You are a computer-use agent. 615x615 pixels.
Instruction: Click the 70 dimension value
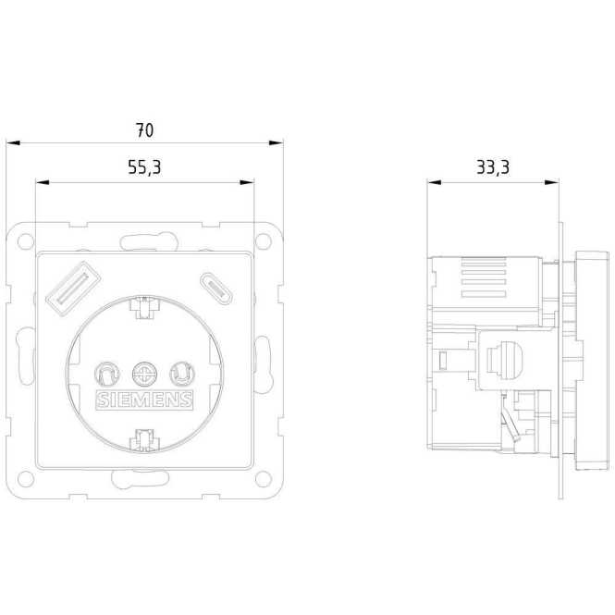click(x=144, y=130)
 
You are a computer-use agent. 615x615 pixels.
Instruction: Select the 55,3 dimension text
click(x=144, y=168)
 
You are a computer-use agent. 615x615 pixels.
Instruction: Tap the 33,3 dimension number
click(x=493, y=168)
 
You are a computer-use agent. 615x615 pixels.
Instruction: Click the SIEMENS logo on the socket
click(x=144, y=400)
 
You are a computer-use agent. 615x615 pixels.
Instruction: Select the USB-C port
click(x=215, y=286)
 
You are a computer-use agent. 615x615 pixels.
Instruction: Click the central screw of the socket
click(x=144, y=374)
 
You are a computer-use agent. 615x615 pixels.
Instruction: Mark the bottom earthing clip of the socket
click(x=144, y=439)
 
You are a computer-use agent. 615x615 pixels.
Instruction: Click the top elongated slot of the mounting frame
click(x=144, y=242)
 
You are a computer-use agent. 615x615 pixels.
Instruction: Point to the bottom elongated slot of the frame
click(x=144, y=479)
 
